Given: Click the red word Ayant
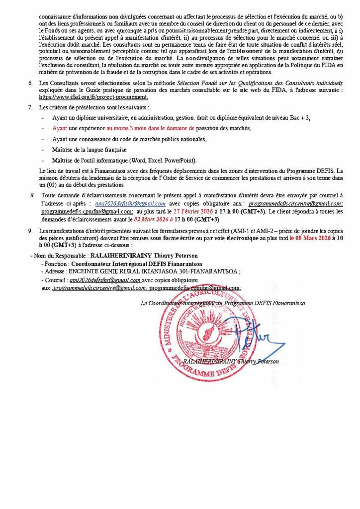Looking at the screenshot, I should click(60, 128).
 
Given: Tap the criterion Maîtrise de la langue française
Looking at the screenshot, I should click(89, 150).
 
